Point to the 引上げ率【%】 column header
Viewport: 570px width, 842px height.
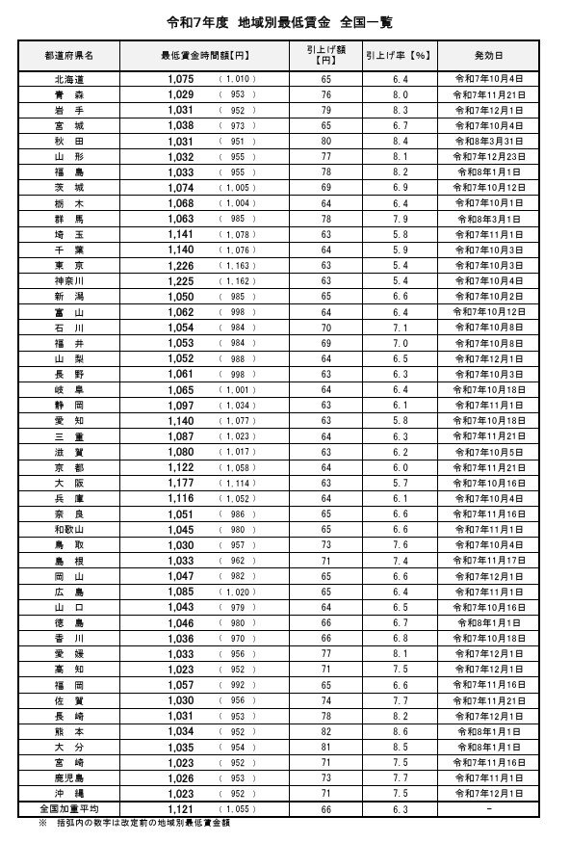click(396, 56)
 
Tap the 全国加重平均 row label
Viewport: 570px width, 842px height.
click(68, 807)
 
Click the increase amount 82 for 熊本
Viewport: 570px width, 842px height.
click(326, 730)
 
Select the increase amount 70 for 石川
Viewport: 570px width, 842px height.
click(326, 327)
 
